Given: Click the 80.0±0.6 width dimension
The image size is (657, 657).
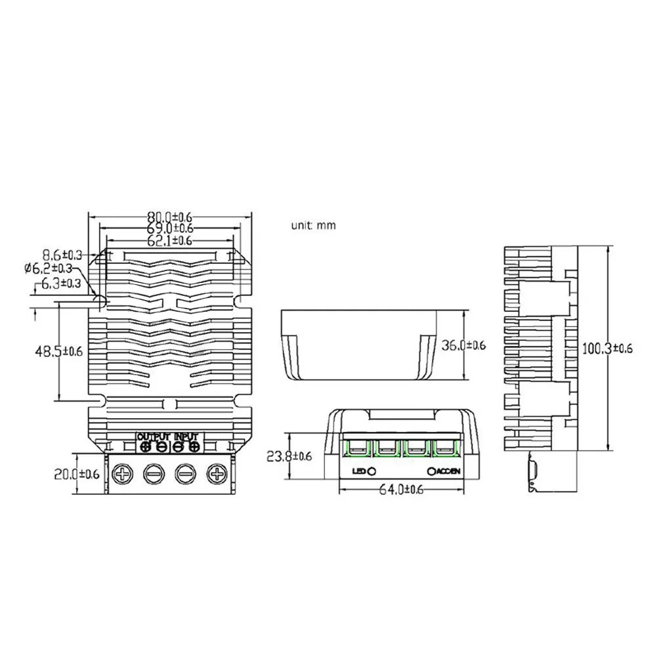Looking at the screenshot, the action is point(170,216).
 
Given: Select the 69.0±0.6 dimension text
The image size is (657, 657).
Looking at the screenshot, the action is point(170,228).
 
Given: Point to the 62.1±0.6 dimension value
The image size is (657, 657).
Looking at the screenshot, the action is point(170,241).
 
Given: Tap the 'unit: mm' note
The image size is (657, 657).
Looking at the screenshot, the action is point(314,225).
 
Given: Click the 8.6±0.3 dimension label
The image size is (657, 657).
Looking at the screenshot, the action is point(62,253).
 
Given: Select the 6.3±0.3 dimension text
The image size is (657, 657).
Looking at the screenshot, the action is point(60,284).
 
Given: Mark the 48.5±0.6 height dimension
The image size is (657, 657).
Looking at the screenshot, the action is point(59,351).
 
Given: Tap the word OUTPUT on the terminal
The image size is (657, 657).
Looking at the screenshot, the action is point(154,436).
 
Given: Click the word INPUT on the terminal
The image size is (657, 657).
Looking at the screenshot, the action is point(186,436).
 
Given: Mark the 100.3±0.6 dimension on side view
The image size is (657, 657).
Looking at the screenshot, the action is point(608,349).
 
